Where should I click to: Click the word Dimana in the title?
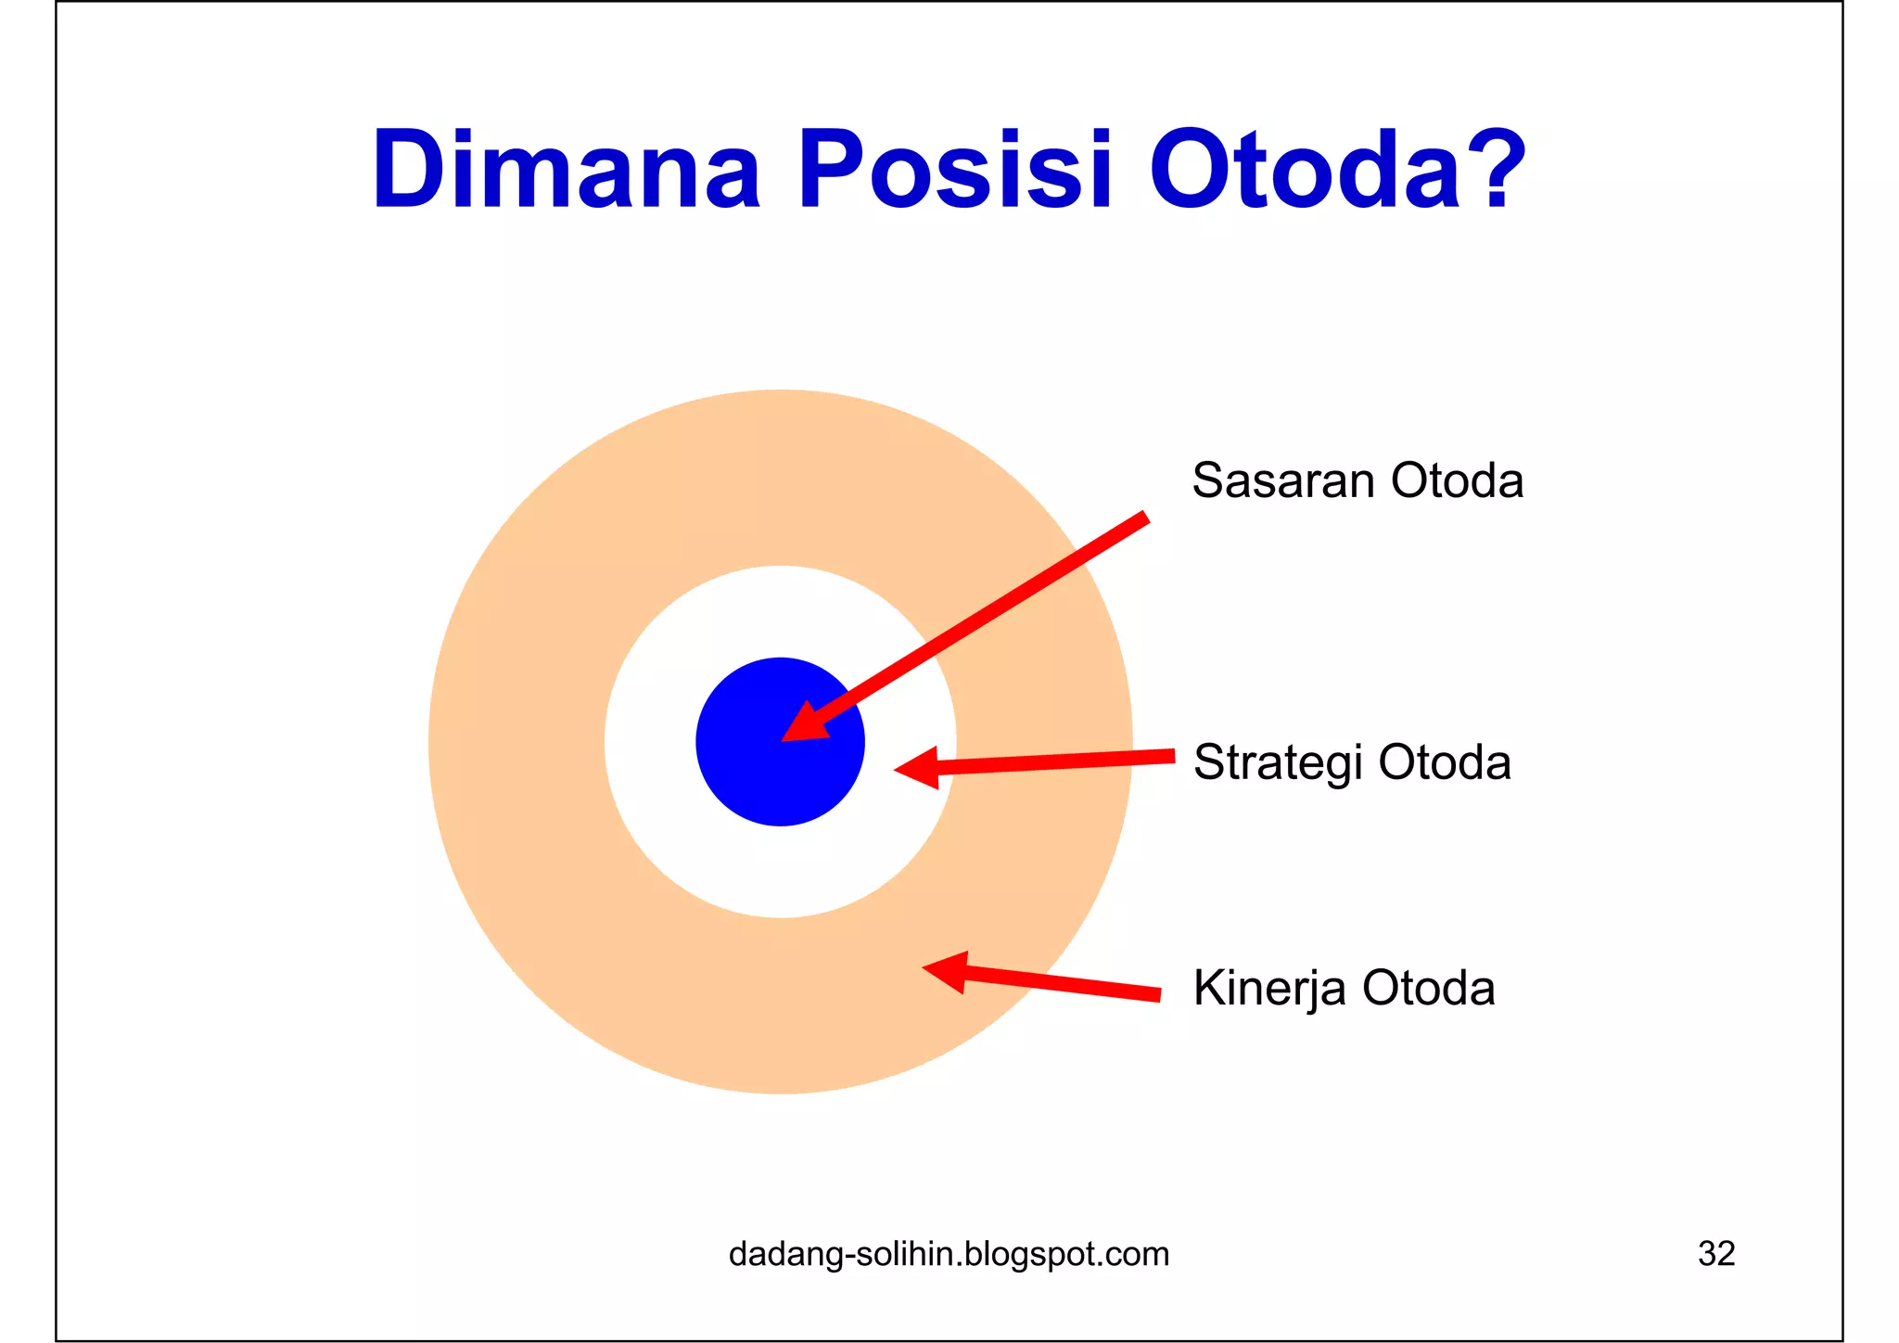[x=566, y=171]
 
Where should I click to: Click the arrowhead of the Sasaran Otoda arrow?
[x=802, y=724]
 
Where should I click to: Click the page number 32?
[x=1715, y=1254]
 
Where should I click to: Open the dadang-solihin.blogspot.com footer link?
[x=949, y=1254]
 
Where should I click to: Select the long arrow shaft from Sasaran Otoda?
[x=983, y=616]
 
